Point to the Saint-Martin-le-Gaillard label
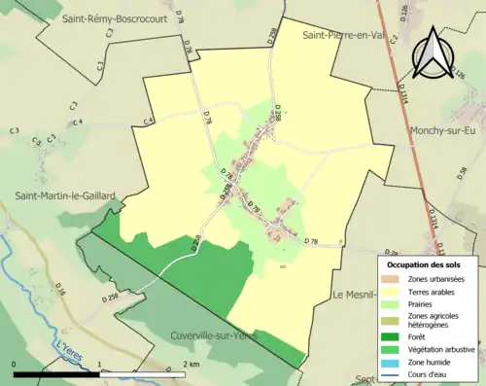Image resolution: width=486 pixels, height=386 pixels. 64,195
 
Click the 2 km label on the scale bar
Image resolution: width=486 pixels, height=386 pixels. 190,363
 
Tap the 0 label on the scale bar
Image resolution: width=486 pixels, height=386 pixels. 15,363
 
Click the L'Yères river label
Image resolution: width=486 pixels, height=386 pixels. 69,347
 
